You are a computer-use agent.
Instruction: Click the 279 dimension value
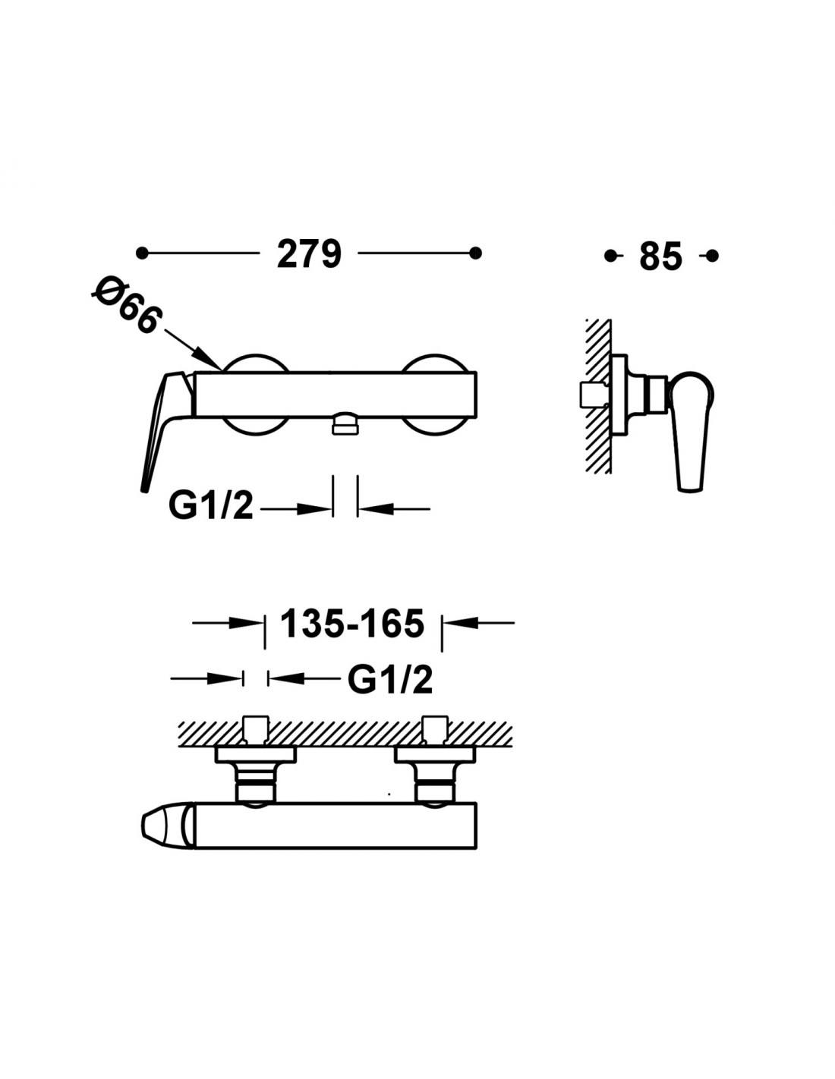(x=309, y=253)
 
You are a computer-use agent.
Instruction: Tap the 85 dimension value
(x=660, y=256)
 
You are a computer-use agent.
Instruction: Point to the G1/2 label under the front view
(x=210, y=506)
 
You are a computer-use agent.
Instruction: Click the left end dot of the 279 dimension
(x=142, y=253)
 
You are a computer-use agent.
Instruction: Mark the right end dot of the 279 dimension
(x=475, y=253)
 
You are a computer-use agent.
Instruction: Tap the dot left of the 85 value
(x=610, y=256)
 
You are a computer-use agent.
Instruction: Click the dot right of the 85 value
(x=712, y=256)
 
